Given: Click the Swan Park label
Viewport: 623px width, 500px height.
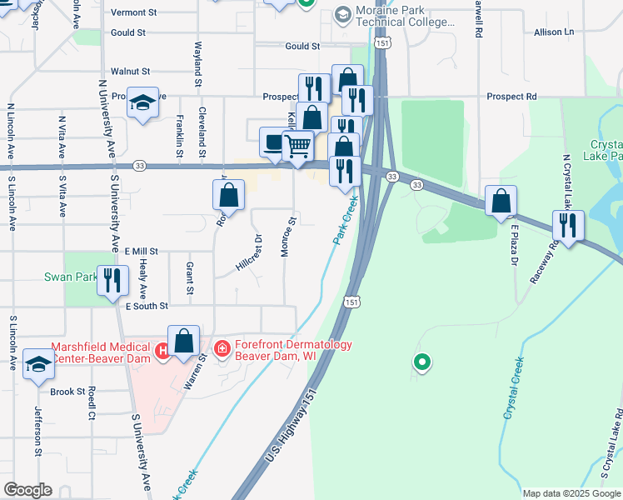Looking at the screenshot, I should (73, 276).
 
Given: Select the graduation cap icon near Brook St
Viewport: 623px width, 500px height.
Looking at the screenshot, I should (37, 363).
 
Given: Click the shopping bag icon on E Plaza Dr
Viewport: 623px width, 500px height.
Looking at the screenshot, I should (501, 201).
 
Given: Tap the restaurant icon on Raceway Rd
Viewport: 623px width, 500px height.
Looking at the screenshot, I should (569, 226).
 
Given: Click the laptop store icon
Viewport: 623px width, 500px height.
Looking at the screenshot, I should (272, 142).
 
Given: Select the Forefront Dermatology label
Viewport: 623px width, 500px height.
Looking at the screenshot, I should (282, 349).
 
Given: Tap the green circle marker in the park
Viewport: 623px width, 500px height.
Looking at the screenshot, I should (422, 362).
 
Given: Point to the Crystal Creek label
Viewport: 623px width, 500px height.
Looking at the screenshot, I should (514, 387).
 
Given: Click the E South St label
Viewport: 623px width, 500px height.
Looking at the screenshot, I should (147, 307).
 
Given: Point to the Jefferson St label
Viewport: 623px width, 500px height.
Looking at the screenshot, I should (38, 431).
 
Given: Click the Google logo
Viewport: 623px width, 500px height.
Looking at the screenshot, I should (27, 490).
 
